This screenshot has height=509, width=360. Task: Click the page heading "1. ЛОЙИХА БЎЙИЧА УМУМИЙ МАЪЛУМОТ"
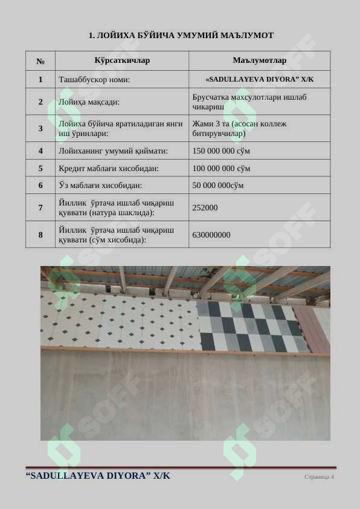(181, 36)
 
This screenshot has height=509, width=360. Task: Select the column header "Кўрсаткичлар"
(122, 61)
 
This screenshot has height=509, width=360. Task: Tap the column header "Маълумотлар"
(259, 61)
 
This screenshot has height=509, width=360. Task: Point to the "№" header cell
(40, 61)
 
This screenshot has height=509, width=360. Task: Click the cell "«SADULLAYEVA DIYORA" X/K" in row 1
(259, 79)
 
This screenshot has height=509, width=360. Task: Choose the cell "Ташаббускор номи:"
(94, 79)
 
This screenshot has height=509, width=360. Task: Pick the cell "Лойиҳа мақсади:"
(89, 102)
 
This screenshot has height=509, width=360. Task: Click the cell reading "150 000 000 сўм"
(221, 151)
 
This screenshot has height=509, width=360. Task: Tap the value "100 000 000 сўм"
(221, 168)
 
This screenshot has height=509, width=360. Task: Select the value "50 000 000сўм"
(218, 186)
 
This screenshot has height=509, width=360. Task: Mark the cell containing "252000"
(205, 207)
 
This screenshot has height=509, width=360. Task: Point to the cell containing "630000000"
(211, 235)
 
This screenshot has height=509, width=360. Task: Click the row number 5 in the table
(40, 168)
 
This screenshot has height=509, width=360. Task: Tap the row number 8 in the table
(40, 235)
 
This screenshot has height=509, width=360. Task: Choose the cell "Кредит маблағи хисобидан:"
(104, 168)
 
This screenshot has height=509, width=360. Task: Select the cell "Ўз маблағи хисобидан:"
(100, 186)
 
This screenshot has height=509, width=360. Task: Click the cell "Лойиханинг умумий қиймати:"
(113, 151)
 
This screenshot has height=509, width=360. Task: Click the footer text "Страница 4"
(319, 477)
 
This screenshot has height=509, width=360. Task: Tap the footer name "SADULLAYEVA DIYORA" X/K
(98, 476)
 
